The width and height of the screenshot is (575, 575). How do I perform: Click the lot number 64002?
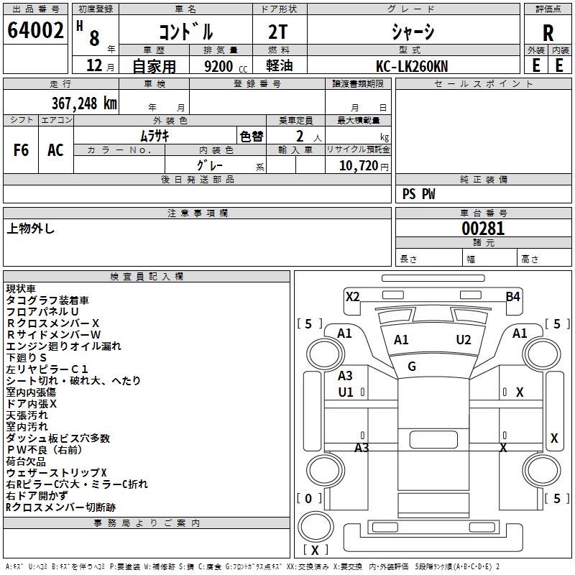point(36,32)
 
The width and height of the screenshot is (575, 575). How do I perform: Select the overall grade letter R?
point(548,33)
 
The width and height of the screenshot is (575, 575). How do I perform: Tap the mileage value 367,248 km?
point(83,103)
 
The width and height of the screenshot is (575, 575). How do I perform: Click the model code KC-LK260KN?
point(411,65)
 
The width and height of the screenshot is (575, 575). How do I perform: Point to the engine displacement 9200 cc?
point(219,66)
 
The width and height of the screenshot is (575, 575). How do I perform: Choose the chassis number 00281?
point(483,229)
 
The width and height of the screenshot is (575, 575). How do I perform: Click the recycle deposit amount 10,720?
point(357,165)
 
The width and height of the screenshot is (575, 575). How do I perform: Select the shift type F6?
point(22,150)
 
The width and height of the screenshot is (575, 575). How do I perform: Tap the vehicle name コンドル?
point(185,32)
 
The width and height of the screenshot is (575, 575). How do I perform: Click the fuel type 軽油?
point(280,66)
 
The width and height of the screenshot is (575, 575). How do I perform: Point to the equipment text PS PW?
point(419,194)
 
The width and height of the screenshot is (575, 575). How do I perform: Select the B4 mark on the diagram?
point(512,296)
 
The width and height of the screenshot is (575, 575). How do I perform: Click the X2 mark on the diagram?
point(352,296)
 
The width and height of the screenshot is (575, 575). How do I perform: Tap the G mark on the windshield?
point(412,367)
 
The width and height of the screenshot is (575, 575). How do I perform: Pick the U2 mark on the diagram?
point(464,340)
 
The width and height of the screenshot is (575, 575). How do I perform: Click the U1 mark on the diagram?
point(346,392)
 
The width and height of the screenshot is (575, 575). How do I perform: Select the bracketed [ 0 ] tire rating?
point(309,498)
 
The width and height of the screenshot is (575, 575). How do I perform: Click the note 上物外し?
point(31,229)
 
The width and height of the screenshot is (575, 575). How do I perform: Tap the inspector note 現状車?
point(21,288)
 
